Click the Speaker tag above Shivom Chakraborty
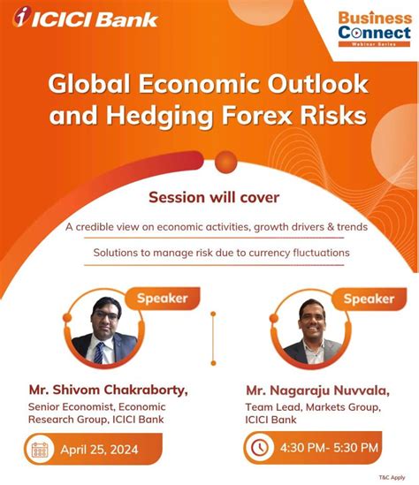pyautogui.click(x=162, y=298)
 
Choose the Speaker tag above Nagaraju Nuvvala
pyautogui.click(x=369, y=299)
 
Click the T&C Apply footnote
pyautogui.click(x=394, y=475)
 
